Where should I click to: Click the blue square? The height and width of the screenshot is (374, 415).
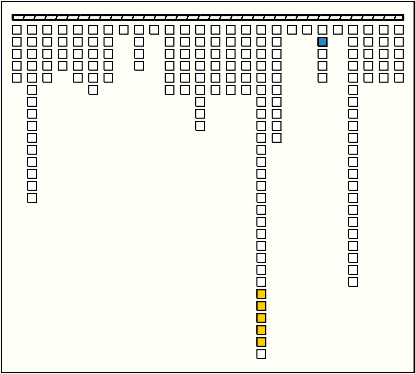pos(322,42)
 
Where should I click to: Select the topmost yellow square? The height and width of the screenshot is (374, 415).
pos(261,294)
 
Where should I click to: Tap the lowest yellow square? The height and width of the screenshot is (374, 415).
pos(261,342)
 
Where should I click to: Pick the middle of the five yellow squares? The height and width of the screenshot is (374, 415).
pos(261,318)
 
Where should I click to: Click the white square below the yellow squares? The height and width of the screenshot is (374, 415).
pos(261,354)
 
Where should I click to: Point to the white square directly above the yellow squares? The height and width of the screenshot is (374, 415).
pos(261,282)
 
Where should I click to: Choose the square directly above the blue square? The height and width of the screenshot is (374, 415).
pos(322,30)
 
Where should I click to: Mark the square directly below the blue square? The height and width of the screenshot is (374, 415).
pos(322,54)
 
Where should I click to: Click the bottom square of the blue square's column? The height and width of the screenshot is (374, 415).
pos(322,78)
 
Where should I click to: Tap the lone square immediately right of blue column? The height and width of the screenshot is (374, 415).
pos(338,30)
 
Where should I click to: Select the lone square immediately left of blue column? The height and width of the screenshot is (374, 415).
pos(307,30)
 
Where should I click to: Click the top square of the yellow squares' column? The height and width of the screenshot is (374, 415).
pos(261,30)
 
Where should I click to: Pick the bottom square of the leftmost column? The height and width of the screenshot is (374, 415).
pos(17,78)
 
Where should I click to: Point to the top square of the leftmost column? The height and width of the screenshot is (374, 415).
pos(17,30)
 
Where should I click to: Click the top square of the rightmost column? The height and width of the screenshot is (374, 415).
pos(399,30)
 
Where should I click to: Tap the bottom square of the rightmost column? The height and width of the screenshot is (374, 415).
pos(399,78)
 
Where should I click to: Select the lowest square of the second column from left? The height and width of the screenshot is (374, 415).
pos(32,198)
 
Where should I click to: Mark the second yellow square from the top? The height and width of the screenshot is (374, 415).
pos(261,306)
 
